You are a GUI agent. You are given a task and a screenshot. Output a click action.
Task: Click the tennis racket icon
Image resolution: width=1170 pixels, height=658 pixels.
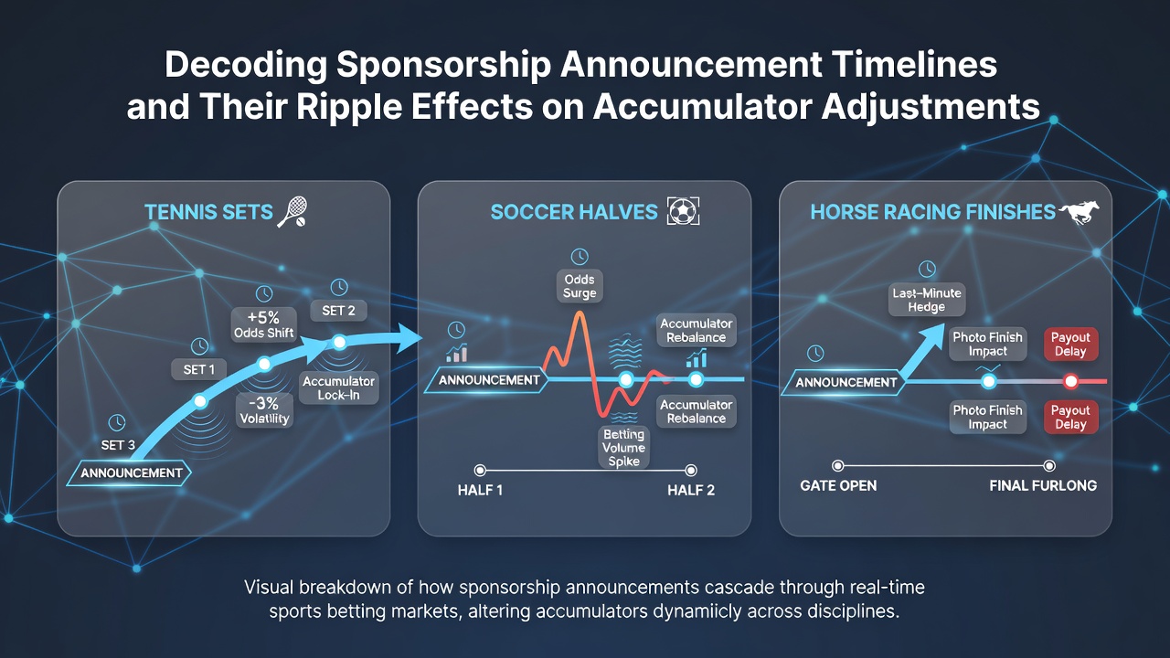tap(292, 211)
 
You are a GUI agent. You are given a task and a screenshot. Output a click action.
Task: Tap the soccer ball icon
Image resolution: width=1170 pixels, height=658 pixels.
tap(683, 211)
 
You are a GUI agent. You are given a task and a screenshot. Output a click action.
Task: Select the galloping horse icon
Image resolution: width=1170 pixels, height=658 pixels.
tap(1080, 212)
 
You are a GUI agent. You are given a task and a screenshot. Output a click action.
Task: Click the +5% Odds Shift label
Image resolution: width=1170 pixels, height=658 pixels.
tap(264, 324)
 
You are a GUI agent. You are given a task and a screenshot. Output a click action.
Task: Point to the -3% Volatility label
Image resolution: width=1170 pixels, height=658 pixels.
tap(264, 410)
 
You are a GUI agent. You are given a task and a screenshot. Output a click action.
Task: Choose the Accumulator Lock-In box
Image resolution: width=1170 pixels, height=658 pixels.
tap(338, 388)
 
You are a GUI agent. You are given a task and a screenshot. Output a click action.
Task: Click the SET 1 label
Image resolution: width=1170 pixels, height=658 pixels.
tap(199, 369)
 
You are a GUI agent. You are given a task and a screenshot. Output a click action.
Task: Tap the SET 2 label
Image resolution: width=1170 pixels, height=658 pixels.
tap(338, 311)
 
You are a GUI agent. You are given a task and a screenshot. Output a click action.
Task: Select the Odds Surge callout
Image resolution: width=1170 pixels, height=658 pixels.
tap(580, 286)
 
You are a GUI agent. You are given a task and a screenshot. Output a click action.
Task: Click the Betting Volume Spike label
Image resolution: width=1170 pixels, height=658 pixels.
tap(623, 448)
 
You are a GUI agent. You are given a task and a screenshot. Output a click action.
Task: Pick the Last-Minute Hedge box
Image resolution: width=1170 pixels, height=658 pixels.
tap(927, 300)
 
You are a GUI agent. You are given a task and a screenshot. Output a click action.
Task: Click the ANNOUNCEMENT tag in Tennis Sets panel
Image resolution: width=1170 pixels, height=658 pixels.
tap(131, 473)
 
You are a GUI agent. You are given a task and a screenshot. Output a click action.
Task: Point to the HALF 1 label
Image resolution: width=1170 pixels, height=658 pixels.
tap(480, 490)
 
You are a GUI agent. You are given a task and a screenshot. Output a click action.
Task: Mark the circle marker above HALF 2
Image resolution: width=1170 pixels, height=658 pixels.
tap(691, 471)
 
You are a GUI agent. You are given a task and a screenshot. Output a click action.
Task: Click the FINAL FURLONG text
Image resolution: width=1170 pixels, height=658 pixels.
tap(1043, 485)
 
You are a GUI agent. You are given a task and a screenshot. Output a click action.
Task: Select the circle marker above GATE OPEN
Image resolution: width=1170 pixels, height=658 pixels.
tap(838, 466)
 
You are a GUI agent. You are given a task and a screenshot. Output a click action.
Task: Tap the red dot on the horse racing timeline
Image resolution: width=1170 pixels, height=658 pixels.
tap(1070, 382)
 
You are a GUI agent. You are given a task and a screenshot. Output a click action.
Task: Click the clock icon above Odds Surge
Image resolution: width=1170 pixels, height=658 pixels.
tap(580, 257)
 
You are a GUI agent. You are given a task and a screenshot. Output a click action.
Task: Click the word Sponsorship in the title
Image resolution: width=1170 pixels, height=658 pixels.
tap(444, 65)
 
